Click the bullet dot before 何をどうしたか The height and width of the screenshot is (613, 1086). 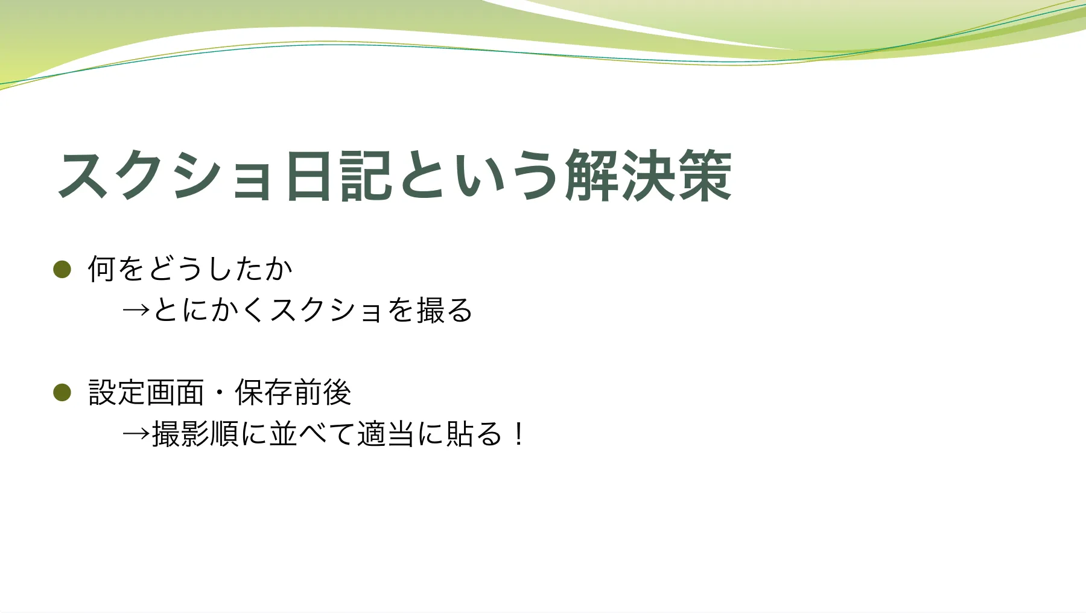tap(62, 269)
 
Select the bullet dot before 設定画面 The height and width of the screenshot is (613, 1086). tap(62, 392)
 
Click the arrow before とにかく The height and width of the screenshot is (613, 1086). tap(136, 310)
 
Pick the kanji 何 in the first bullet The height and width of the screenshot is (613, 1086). tap(101, 268)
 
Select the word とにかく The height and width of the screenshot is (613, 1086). tap(209, 310)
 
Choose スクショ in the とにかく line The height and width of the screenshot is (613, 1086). tap(326, 310)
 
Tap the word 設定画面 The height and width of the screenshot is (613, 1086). tap(146, 392)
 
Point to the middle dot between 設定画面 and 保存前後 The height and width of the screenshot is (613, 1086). tap(219, 393)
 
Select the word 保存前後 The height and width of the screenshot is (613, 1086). tap(293, 392)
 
